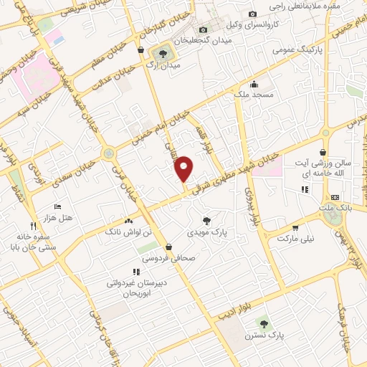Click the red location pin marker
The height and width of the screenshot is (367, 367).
[x=185, y=169]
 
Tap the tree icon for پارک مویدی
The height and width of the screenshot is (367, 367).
[x=207, y=221]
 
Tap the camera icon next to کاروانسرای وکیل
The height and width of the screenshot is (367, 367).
[x=252, y=14]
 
